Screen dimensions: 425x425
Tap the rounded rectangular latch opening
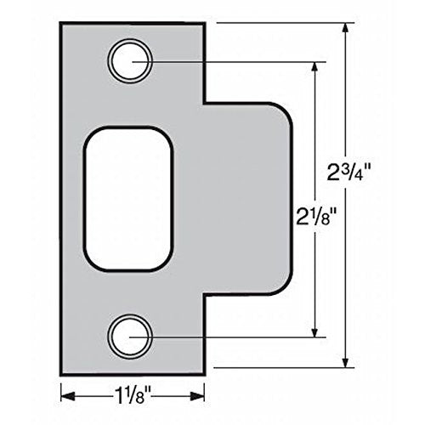pyautogui.click(x=128, y=197)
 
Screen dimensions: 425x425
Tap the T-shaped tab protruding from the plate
pyautogui.click(x=246, y=197)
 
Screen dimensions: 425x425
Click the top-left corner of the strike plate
pyautogui.click(x=62, y=24)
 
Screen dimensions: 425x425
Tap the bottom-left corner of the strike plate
pyautogui.click(x=62, y=373)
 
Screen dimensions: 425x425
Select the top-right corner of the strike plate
pyautogui.click(x=203, y=24)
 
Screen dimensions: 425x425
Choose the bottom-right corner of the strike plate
pyautogui.click(x=203, y=373)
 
